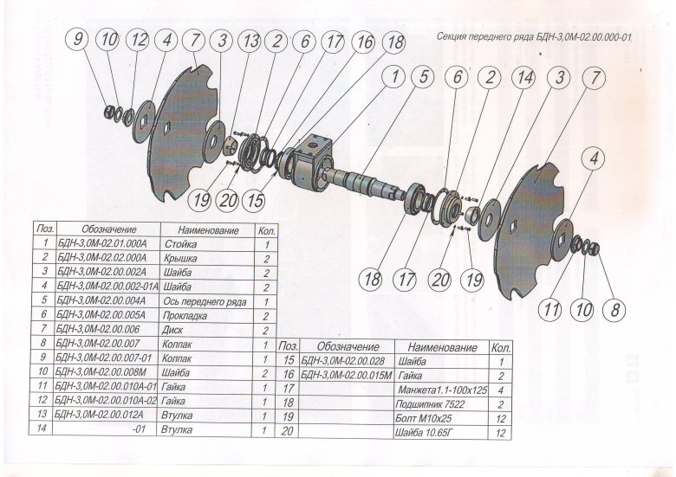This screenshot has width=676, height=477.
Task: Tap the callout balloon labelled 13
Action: point(250,41)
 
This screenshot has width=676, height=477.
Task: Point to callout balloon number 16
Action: point(363,42)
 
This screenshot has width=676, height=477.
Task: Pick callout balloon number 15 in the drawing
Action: point(253,199)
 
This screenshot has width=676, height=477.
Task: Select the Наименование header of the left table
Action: point(208,231)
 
